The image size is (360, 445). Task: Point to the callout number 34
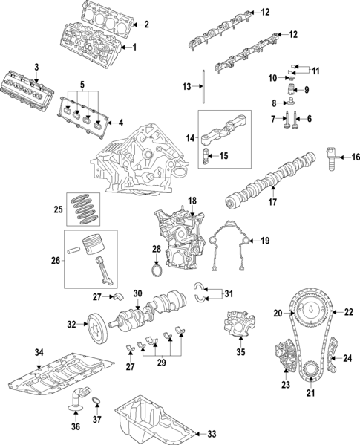coord(39,351)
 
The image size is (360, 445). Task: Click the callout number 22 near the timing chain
coord(350,312)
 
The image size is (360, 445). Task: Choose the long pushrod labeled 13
coord(202,88)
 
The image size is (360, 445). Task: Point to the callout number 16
coord(356,157)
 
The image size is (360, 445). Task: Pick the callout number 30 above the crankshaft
coord(137,293)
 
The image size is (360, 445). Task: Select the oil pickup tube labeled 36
coord(74,402)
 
